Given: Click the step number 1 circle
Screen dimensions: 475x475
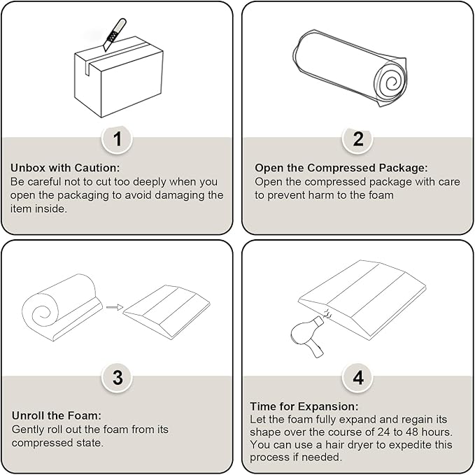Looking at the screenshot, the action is click(x=117, y=139).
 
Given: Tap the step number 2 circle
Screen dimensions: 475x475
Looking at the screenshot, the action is click(x=357, y=139).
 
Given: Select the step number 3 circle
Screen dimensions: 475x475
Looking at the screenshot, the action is click(x=117, y=378).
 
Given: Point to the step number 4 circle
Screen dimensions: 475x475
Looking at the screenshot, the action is click(x=357, y=378).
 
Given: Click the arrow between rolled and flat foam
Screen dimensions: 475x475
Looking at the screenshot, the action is click(x=115, y=308).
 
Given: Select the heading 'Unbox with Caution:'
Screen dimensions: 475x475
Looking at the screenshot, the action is click(x=65, y=167).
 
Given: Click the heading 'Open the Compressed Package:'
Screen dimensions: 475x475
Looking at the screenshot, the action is click(x=341, y=167).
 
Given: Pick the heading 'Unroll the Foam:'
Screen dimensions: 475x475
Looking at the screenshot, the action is click(x=57, y=416).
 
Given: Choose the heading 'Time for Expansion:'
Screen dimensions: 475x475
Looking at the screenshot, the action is click(x=304, y=406).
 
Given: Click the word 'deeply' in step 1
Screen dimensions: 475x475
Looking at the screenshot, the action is click(x=150, y=182).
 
